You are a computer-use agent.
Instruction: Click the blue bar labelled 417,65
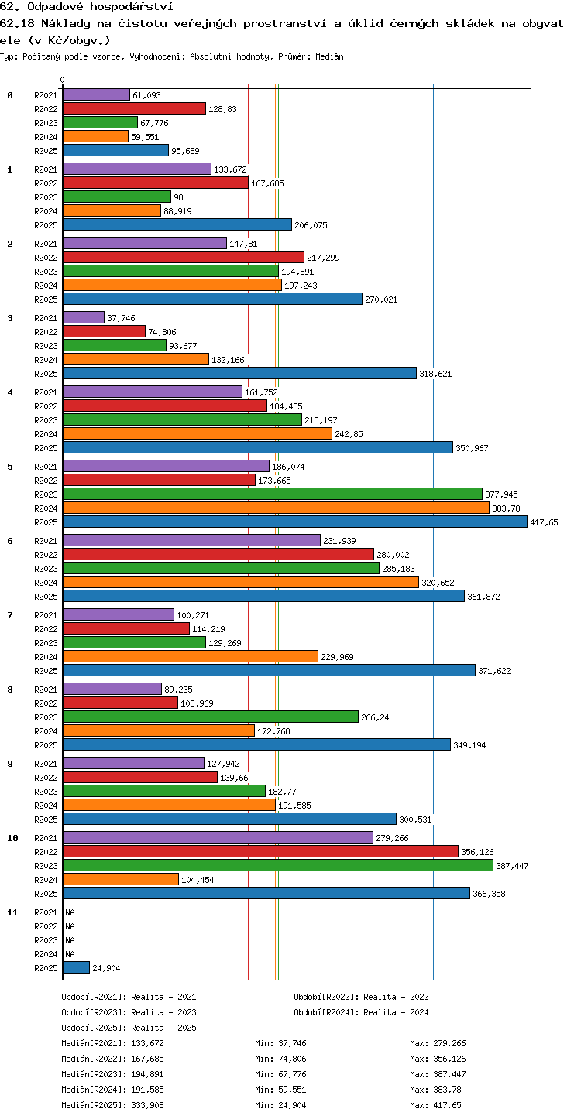pos(295,522)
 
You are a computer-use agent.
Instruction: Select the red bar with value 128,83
pos(135,108)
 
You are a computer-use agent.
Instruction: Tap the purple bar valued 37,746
pos(84,318)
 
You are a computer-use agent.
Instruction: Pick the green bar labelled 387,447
pos(278,866)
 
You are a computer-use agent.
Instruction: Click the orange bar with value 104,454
pos(121,879)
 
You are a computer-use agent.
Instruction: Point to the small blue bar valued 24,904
pos(76,967)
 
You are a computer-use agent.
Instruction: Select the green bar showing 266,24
pos(211,717)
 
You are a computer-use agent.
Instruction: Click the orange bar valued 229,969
pos(191,656)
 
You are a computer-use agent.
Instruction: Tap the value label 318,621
pos(435,374)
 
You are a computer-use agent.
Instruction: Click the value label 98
pos(178,197)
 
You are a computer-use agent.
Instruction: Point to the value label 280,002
pos(393,555)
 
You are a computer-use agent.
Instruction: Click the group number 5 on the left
pos(10,467)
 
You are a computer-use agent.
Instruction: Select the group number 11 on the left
pos(12,912)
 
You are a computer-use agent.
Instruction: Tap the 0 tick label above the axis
pos(63,80)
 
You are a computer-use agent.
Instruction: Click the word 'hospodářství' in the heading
pos(132,7)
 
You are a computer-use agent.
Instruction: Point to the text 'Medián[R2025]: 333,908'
pos(112,1105)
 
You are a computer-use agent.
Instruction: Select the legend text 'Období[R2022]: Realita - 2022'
pos(361,997)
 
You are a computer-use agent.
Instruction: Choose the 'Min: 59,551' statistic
pos(280,1090)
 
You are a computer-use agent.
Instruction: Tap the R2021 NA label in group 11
pos(70,912)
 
